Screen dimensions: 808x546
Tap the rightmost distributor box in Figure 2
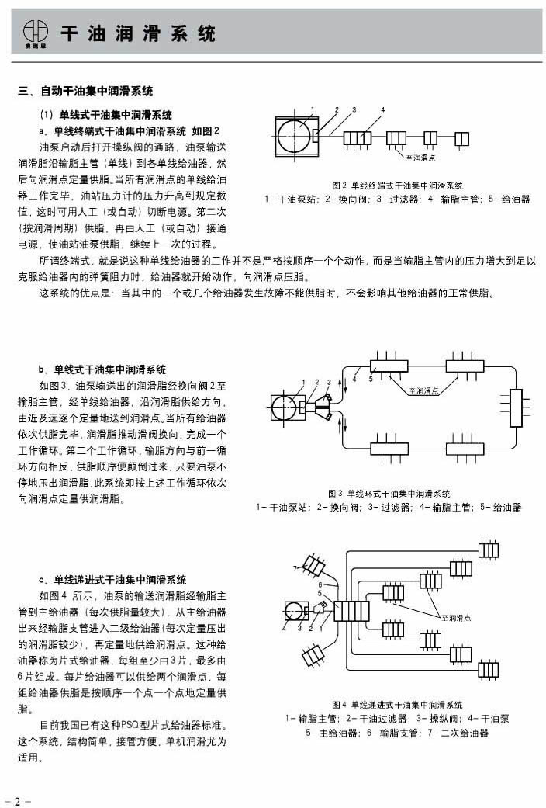(x=461, y=138)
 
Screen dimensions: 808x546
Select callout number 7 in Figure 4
(x=295, y=569)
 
